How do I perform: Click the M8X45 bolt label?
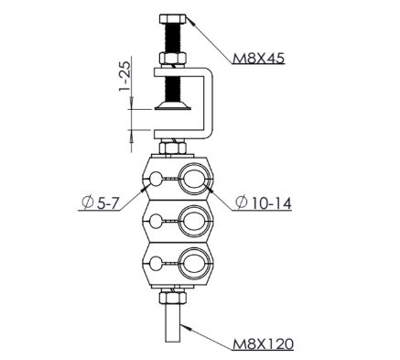click(x=258, y=58)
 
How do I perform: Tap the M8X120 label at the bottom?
click(x=263, y=344)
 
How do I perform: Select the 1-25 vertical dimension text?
click(x=124, y=76)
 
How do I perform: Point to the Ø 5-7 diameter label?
click(x=100, y=203)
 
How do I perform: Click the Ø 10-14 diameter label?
click(x=264, y=202)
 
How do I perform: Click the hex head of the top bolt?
click(x=173, y=19)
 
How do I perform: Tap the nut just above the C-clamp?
click(x=173, y=59)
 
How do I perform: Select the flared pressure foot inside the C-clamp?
click(x=173, y=105)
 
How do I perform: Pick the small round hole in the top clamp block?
click(x=156, y=179)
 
